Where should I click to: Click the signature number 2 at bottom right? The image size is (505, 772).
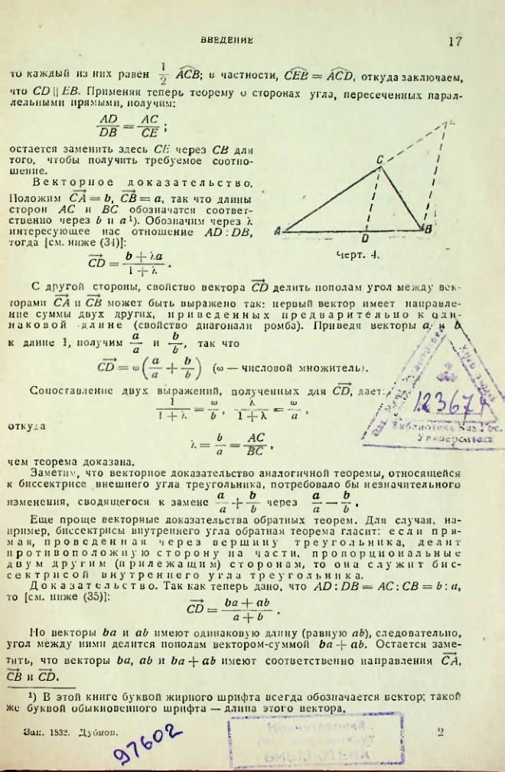441,732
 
